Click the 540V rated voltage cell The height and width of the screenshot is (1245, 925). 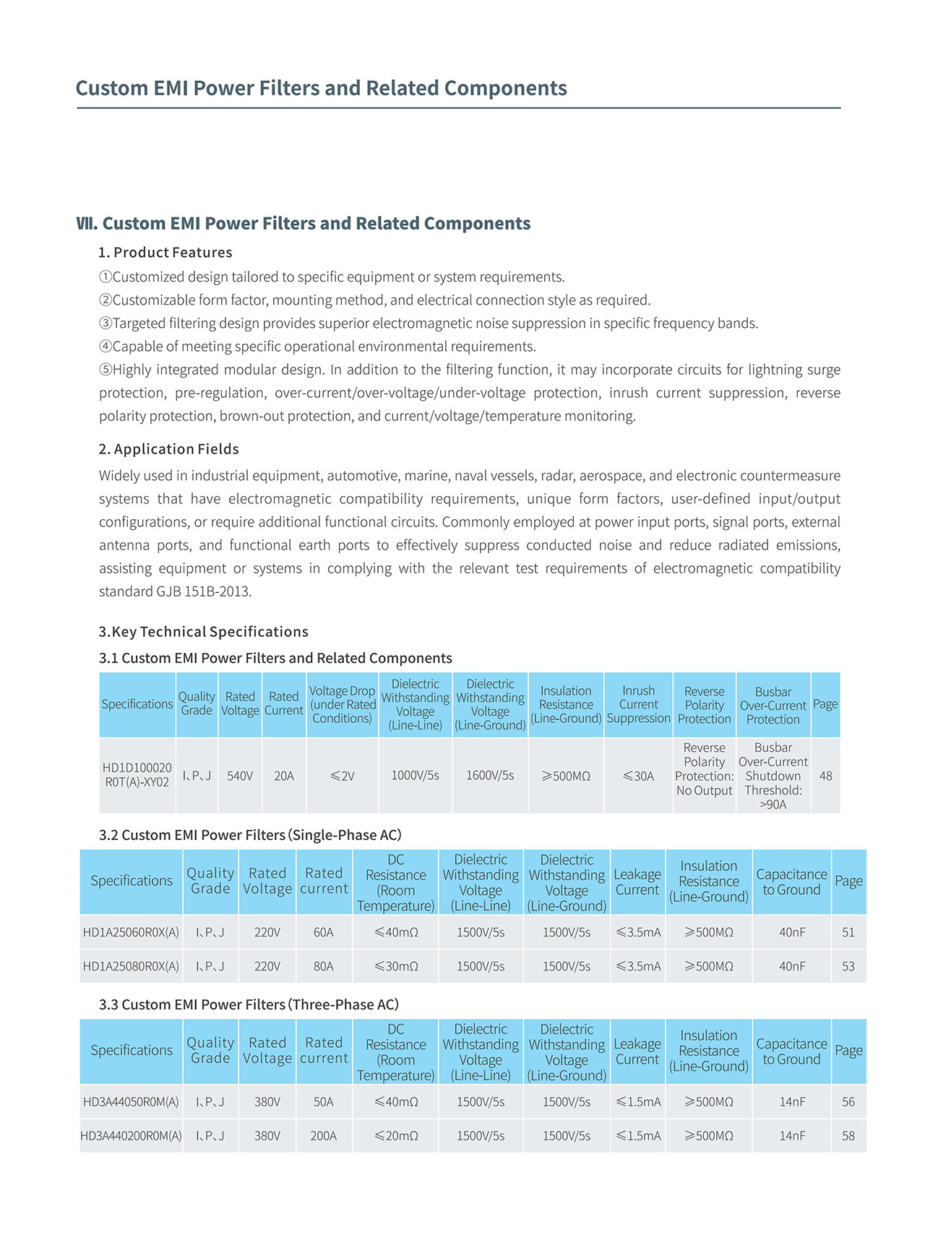click(x=240, y=776)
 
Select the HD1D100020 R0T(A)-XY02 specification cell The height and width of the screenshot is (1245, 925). click(x=137, y=775)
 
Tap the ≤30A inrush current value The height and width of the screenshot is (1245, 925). click(x=638, y=776)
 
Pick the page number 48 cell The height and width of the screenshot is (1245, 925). click(x=825, y=776)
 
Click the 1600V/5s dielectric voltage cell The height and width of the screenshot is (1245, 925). click(x=490, y=775)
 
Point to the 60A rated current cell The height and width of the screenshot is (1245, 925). click(x=323, y=932)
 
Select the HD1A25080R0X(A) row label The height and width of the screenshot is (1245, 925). click(x=131, y=966)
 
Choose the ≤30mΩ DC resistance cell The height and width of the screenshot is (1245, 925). click(x=396, y=966)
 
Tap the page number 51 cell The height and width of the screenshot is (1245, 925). click(x=848, y=932)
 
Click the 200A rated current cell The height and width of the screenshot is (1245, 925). click(x=323, y=1136)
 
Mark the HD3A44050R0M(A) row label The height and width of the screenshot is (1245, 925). click(x=131, y=1102)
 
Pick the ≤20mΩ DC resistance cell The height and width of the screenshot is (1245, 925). click(x=396, y=1136)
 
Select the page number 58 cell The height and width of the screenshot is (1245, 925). click(x=848, y=1136)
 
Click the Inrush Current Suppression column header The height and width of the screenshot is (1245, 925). click(x=638, y=704)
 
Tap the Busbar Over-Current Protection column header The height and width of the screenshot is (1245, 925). click(x=773, y=705)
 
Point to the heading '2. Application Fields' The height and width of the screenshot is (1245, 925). click(x=169, y=449)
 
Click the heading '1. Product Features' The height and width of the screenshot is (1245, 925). click(x=165, y=253)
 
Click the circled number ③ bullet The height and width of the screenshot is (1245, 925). click(x=106, y=324)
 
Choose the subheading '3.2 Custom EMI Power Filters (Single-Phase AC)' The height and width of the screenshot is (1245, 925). click(x=250, y=835)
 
